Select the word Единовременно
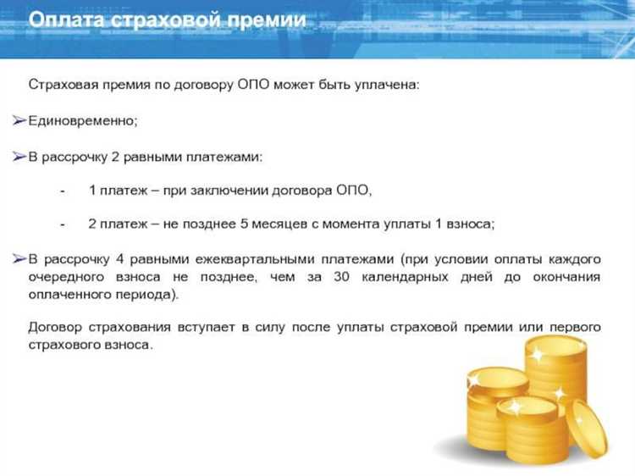click(82, 120)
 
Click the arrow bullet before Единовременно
click(19, 120)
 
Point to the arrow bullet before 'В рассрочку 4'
click(19, 258)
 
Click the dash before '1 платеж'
click(63, 191)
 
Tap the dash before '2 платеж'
click(63, 224)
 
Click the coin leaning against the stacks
click(586, 428)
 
